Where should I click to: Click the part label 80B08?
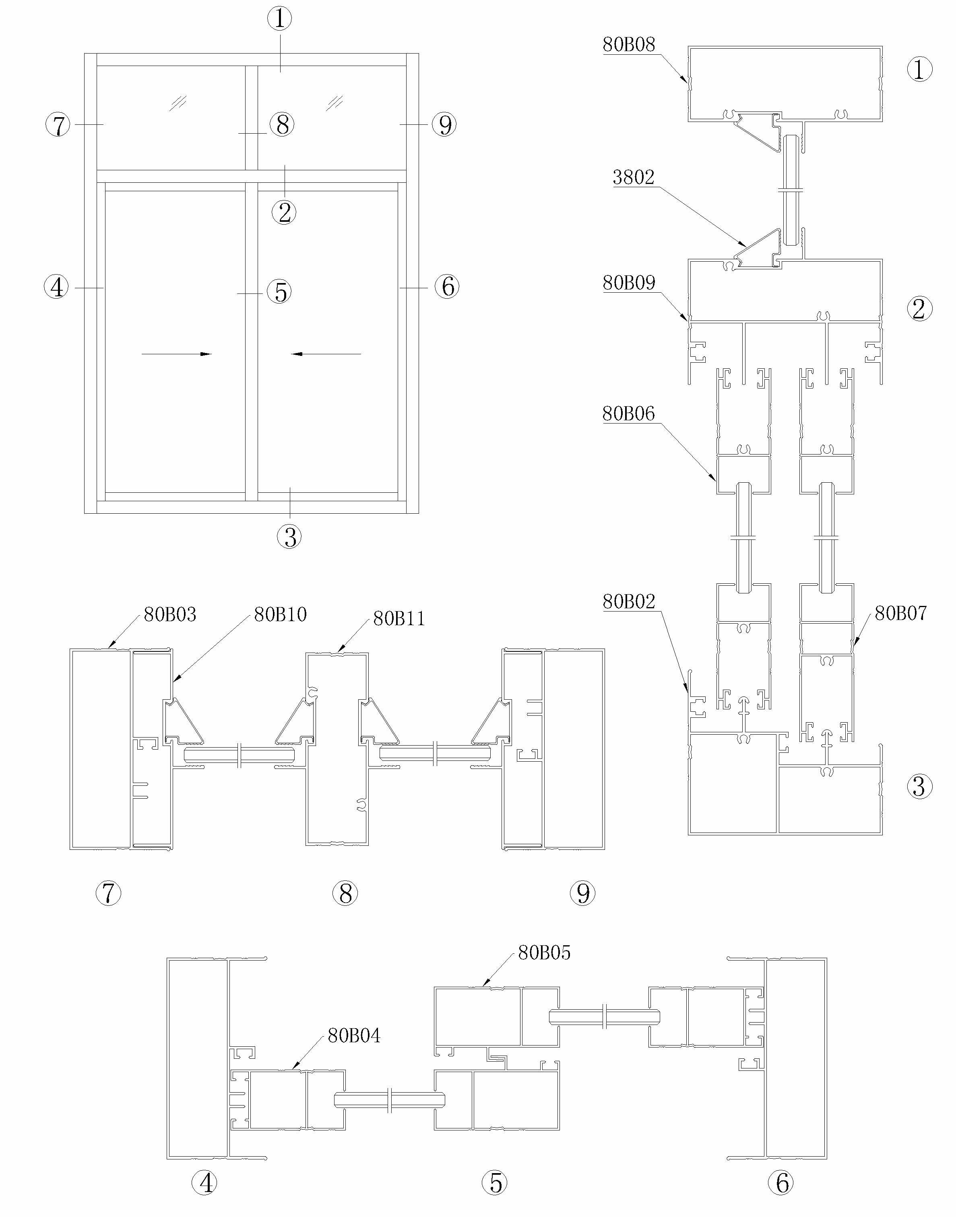(x=629, y=44)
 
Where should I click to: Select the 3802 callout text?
(x=634, y=178)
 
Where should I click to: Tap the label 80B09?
(x=629, y=283)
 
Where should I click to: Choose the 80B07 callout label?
(x=900, y=613)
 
